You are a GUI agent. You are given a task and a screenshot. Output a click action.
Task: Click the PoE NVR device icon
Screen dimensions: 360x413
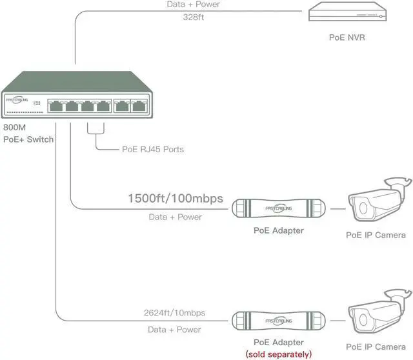pyautogui.click(x=349, y=13)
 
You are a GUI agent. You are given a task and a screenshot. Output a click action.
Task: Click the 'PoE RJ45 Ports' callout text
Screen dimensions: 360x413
pyautogui.click(x=153, y=149)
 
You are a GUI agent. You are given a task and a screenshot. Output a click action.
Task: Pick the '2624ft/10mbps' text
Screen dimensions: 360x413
pyautogui.click(x=175, y=313)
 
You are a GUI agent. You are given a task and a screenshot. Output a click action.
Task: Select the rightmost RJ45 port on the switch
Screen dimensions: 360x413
pyautogui.click(x=138, y=106)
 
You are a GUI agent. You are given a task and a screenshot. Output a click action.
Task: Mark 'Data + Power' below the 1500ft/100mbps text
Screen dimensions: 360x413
pyautogui.click(x=175, y=217)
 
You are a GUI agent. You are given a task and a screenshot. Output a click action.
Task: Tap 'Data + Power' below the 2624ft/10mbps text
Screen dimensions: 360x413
pyautogui.click(x=175, y=330)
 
